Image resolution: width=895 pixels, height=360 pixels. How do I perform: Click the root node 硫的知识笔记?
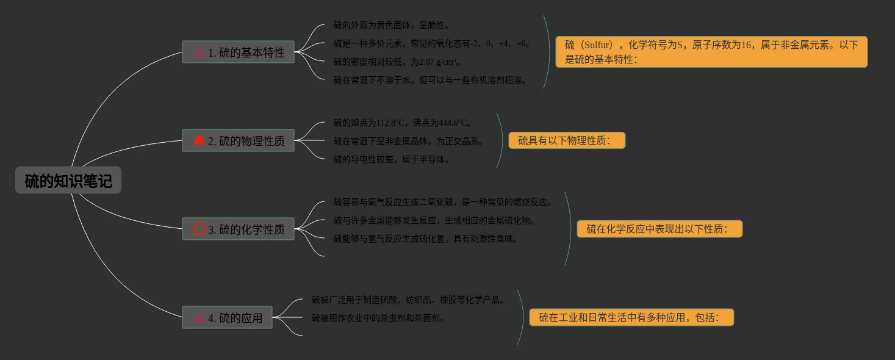point(68,181)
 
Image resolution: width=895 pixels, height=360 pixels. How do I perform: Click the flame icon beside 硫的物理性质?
point(199,141)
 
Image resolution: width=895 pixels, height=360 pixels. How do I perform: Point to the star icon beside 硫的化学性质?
point(199,229)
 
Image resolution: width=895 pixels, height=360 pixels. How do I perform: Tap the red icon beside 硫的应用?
point(199,318)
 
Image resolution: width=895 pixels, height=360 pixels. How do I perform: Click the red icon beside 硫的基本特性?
point(199,52)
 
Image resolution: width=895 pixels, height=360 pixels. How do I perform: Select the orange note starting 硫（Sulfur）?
point(711,52)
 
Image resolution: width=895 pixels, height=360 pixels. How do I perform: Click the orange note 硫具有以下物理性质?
point(567,141)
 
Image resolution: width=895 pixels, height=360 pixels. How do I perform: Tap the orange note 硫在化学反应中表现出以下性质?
point(660,229)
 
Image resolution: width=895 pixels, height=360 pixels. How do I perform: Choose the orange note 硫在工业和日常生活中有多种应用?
point(631,318)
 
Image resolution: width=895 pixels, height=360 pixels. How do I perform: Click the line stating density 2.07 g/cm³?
point(397,62)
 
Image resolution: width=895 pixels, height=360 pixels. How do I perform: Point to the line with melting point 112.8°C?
point(403,123)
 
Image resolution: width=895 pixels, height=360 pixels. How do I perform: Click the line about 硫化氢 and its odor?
point(426,239)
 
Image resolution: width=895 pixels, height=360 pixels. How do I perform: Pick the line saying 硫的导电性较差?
point(392,159)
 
